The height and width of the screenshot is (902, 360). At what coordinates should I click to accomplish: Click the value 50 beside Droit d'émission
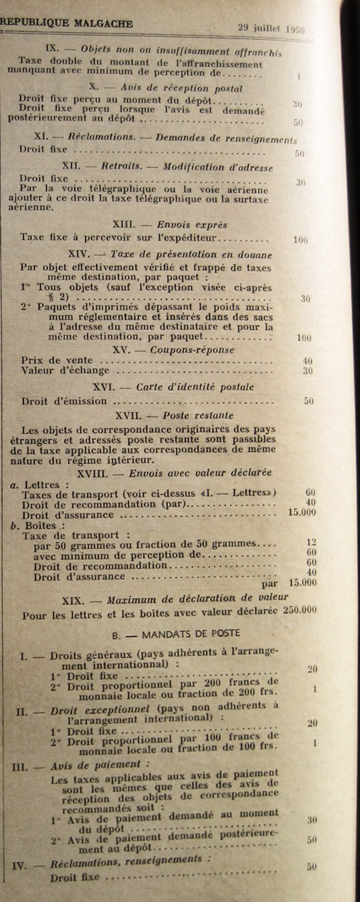pyautogui.click(x=308, y=401)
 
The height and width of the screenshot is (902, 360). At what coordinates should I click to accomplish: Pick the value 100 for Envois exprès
pyautogui.click(x=301, y=240)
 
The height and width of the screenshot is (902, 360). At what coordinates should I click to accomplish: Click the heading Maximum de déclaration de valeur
pyautogui.click(x=197, y=598)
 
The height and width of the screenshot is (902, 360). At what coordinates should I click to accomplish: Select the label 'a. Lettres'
pyautogui.click(x=37, y=484)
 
